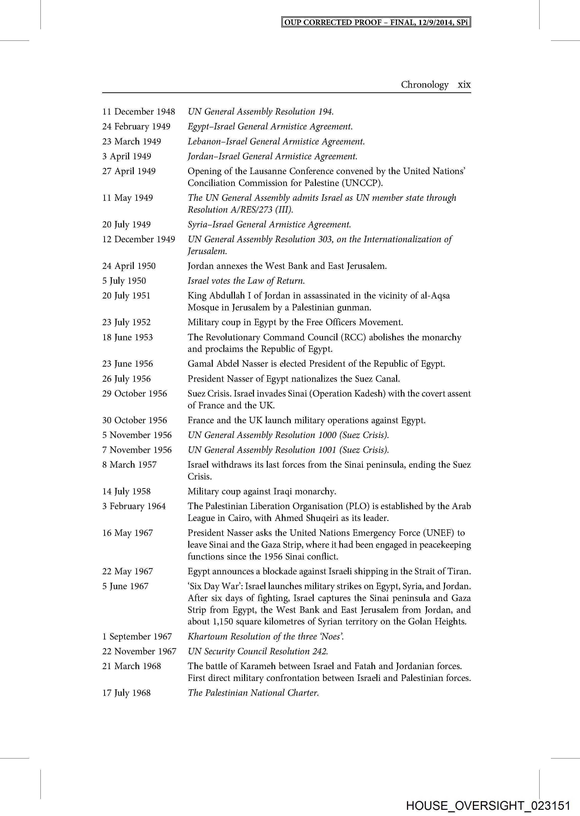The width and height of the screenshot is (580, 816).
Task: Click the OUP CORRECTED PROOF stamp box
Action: click(x=376, y=22)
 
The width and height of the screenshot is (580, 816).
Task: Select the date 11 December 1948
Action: click(x=138, y=111)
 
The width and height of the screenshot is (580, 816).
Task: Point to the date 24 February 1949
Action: click(x=136, y=126)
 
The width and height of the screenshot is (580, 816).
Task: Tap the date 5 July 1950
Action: click(x=124, y=281)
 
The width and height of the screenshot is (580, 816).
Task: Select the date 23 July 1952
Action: click(x=126, y=322)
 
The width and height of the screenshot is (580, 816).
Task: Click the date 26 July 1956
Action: click(x=126, y=379)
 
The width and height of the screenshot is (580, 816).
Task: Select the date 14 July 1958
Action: click(x=126, y=491)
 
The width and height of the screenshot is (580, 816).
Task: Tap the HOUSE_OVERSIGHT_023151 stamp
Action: click(x=488, y=806)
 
